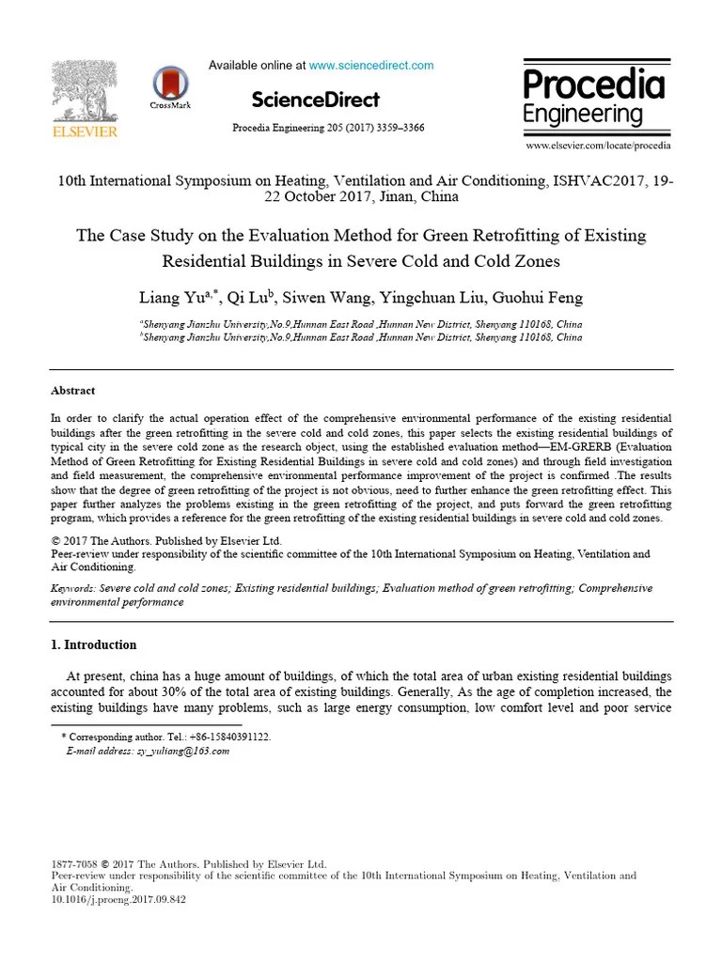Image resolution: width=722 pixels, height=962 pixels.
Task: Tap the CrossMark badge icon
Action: pos(169,83)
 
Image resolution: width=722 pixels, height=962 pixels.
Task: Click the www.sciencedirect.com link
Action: pos(371,66)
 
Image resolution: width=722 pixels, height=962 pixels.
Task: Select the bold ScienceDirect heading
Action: pos(316,100)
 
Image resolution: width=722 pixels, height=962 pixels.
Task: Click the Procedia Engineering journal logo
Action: pos(593,99)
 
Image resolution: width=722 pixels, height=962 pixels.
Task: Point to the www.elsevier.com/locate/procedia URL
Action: pos(598,147)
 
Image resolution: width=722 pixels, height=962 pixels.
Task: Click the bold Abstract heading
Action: pos(72,391)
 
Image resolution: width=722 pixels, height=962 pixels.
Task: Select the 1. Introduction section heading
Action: pos(92,645)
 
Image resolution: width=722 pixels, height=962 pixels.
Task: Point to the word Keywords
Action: pos(71,588)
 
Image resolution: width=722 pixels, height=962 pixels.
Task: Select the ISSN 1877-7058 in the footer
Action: pos(73,863)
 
